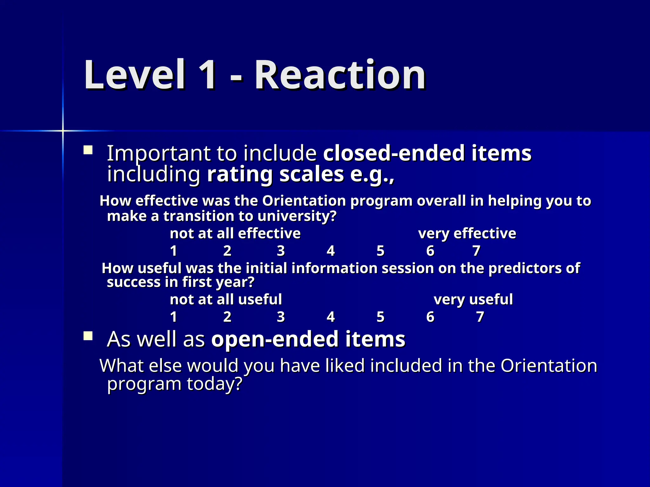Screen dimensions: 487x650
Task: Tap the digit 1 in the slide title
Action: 206,75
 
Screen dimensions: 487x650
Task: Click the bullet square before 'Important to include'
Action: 88,150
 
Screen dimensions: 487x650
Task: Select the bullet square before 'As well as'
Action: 88,336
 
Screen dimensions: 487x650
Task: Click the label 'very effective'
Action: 467,234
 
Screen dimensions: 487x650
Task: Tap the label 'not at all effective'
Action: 235,234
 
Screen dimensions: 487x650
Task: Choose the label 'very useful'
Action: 473,300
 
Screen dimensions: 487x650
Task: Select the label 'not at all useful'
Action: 226,300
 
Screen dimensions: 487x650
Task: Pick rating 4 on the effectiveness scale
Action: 331,251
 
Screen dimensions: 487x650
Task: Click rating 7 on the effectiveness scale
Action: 476,251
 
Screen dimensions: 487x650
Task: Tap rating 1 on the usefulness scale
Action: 173,317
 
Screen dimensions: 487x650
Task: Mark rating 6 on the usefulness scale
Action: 430,317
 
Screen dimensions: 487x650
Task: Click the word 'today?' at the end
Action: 215,384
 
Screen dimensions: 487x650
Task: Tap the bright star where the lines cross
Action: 63,131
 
